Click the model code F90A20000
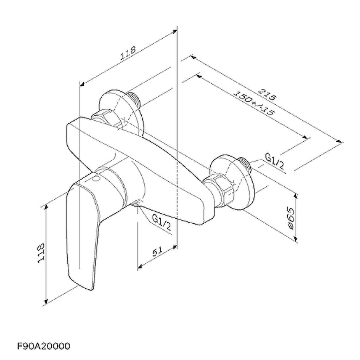(x=44, y=346)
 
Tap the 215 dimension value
(x=266, y=94)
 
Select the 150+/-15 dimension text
(x=254, y=103)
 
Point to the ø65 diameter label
(x=290, y=218)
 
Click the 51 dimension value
(x=158, y=251)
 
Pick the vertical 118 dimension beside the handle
(x=41, y=253)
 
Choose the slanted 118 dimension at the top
(x=128, y=53)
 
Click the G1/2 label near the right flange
(x=275, y=161)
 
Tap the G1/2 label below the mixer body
(x=162, y=223)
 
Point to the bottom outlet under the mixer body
(x=137, y=203)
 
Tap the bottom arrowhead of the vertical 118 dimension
(x=46, y=301)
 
